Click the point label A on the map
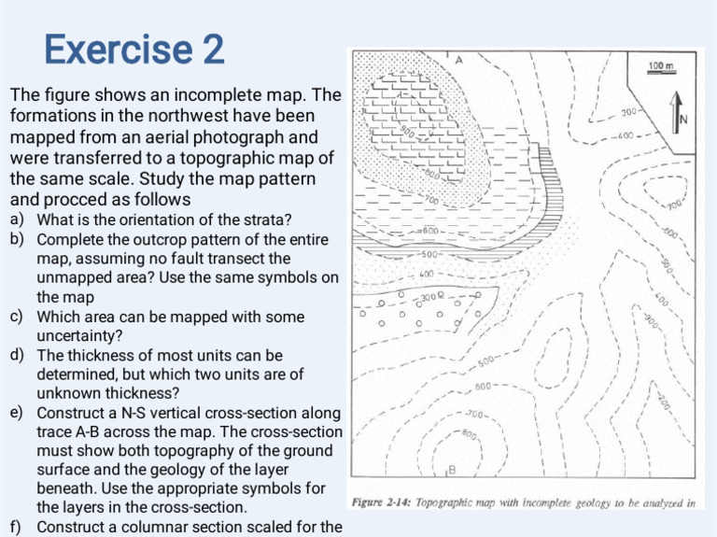[x=458, y=60]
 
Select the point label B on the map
[x=451, y=468]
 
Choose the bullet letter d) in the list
[x=17, y=356]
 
